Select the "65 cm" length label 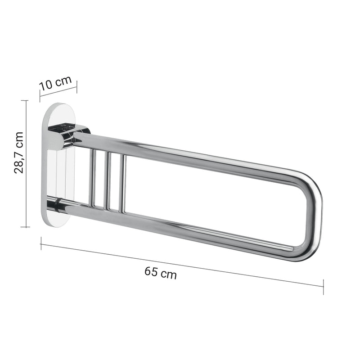(x=161, y=273)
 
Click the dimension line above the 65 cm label (x=180, y=264)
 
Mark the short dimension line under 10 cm (x=58, y=92)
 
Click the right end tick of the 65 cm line (x=323, y=286)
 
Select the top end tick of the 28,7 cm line (x=27, y=100)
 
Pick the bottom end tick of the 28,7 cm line (x=27, y=227)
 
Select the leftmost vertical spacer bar (x=94, y=179)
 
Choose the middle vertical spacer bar (x=108, y=181)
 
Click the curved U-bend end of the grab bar (x=314, y=216)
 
